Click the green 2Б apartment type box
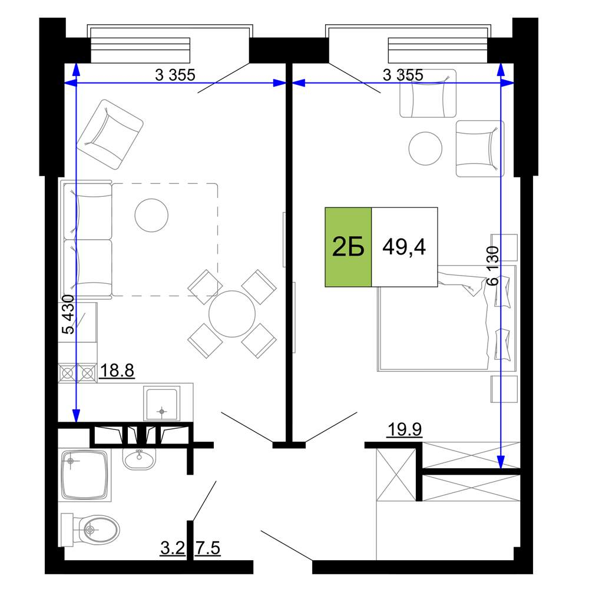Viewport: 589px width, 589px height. coord(348,247)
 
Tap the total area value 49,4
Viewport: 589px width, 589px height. coord(404,247)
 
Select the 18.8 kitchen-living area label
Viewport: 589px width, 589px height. coord(117,370)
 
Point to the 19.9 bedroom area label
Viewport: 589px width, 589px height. coord(404,429)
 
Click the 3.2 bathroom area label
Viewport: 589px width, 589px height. coord(173,548)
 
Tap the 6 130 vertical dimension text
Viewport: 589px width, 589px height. coord(492,266)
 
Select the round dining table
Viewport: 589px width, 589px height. coord(232,314)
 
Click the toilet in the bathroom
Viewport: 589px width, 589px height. coord(90,530)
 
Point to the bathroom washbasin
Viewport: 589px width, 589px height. coord(139,459)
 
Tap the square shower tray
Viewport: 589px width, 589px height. coord(85,475)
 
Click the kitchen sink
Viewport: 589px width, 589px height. coord(161,403)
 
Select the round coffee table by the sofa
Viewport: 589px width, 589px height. coord(151,215)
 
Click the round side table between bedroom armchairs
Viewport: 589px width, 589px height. coord(425,148)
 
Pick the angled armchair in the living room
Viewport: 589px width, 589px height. coord(110,134)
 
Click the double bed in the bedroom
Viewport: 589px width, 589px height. coord(446,318)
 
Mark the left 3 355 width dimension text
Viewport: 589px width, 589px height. coord(175,75)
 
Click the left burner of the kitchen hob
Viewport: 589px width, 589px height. coord(68,373)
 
